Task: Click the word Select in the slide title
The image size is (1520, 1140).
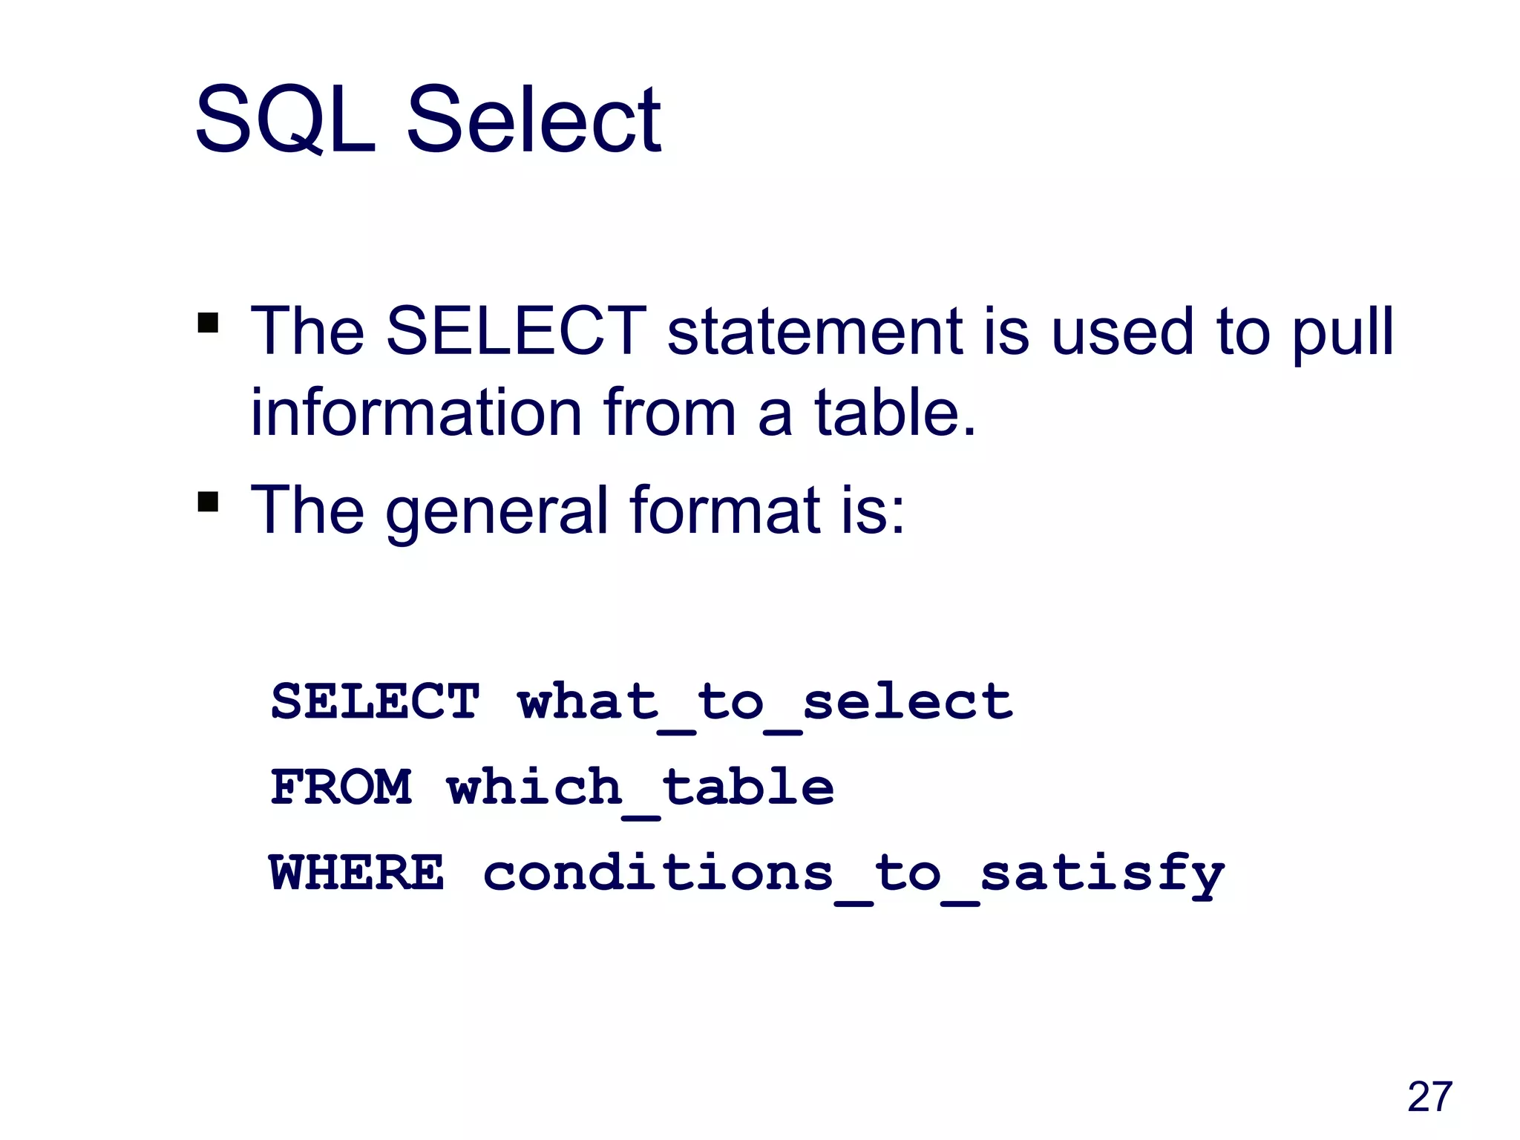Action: pos(534,120)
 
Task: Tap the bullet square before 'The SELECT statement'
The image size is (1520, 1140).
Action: pos(209,324)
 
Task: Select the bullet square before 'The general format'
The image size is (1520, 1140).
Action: pos(209,502)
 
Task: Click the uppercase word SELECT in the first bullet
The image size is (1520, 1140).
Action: pos(517,331)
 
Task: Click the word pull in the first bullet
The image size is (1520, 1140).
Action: pos(1343,332)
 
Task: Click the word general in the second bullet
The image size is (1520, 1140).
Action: pos(497,511)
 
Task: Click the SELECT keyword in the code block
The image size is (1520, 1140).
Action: pos(376,701)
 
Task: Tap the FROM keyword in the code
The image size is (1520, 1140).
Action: pos(341,787)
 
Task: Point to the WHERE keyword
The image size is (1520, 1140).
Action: pos(357,873)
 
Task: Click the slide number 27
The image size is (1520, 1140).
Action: pos(1429,1097)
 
